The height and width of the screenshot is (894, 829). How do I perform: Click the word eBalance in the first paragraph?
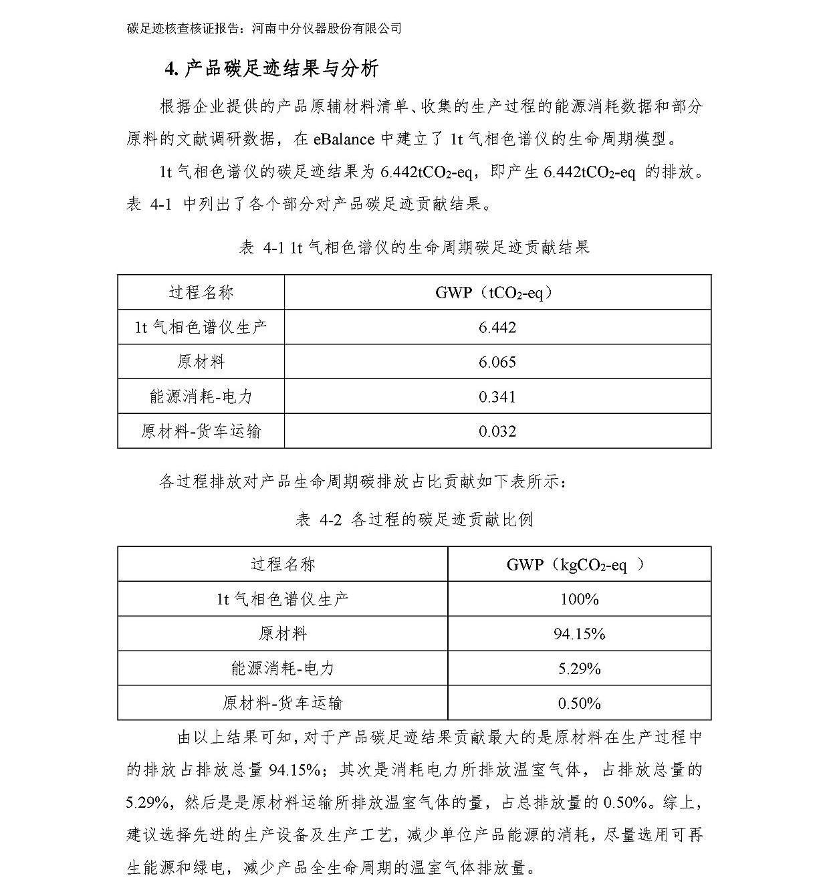342,139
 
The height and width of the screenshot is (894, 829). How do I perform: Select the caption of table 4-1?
414,247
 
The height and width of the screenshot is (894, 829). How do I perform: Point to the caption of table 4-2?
414,520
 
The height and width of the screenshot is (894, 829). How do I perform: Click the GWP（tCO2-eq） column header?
497,292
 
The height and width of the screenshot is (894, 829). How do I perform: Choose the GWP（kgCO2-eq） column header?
578,564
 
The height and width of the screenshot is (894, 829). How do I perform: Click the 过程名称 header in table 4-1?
201,292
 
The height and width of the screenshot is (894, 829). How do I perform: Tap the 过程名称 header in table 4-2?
282,564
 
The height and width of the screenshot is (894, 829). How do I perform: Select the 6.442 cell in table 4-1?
497,327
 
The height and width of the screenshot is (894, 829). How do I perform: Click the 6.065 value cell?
497,362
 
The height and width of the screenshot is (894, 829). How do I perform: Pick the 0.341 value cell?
497,397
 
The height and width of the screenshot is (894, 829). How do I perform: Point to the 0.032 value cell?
497,431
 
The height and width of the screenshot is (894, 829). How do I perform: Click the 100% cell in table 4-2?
579,599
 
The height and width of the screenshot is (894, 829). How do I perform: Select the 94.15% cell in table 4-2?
579,633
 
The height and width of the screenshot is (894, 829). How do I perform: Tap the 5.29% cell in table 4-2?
579,668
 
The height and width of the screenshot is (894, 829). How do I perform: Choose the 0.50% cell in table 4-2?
579,703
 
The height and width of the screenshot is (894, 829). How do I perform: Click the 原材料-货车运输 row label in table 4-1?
201,431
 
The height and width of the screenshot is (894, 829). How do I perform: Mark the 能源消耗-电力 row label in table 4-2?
282,668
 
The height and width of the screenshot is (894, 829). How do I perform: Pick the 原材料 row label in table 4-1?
201,362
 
